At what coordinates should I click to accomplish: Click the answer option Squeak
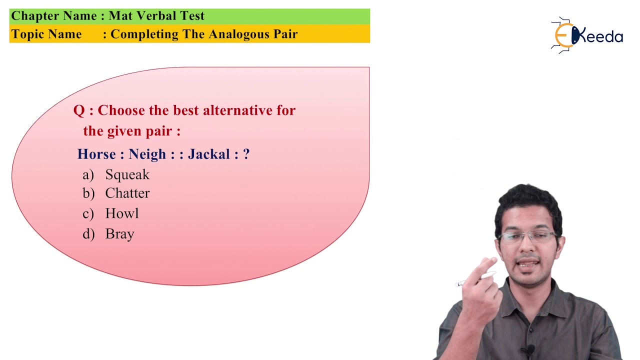[x=127, y=174]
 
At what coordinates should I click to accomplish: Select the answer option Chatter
[x=127, y=193]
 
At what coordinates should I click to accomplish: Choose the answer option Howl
[x=121, y=213]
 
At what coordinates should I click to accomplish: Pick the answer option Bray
[x=119, y=234]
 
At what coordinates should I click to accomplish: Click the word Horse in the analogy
[x=96, y=154]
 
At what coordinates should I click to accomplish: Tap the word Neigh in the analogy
[x=147, y=154]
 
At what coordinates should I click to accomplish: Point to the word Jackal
[x=209, y=154]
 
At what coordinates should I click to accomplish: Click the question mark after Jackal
[x=246, y=154]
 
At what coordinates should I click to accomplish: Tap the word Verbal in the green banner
[x=156, y=16]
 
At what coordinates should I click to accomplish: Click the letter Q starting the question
[x=78, y=110]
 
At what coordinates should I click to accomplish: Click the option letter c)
[x=88, y=214]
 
